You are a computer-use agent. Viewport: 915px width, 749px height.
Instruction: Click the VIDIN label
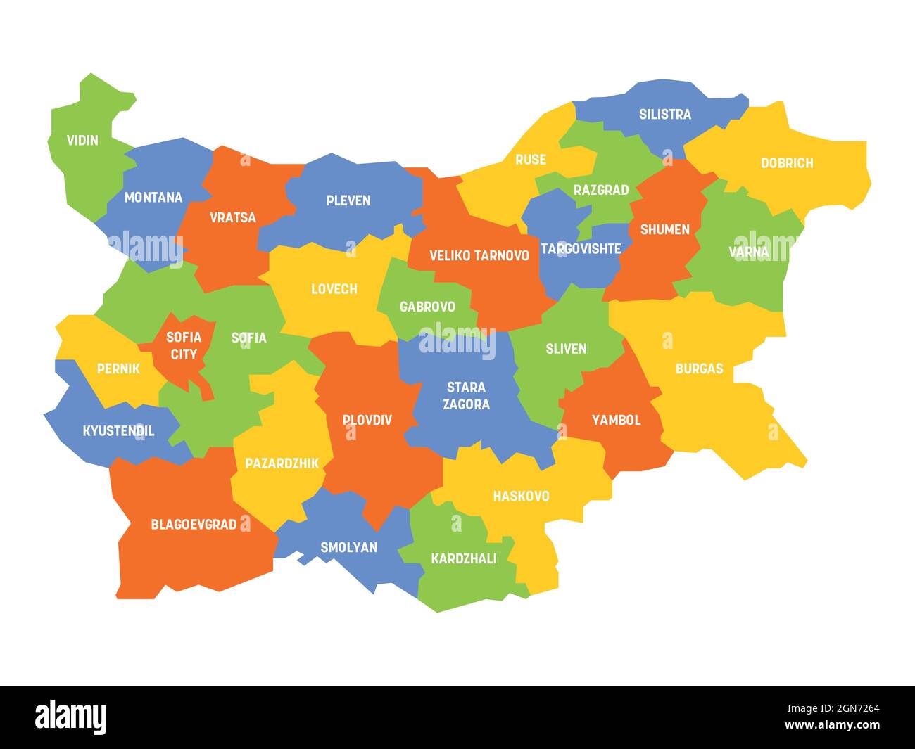(x=82, y=140)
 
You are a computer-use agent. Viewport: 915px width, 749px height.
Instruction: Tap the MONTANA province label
(x=153, y=198)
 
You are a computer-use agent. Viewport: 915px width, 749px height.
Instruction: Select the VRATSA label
(x=232, y=217)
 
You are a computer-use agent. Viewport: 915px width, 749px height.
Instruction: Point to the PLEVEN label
(x=348, y=200)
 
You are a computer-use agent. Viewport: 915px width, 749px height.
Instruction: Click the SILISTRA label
(x=664, y=114)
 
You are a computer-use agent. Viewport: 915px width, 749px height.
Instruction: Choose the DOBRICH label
(x=786, y=163)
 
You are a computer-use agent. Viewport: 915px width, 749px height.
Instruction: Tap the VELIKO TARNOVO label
(x=479, y=255)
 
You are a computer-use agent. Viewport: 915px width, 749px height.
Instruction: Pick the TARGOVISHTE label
(x=581, y=249)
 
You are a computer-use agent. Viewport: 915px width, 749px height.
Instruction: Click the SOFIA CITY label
(x=183, y=345)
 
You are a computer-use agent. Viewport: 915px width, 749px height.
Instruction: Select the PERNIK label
(x=118, y=369)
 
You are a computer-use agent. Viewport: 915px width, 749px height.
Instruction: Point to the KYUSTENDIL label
(x=118, y=431)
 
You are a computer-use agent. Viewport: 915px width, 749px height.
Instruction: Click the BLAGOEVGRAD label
(x=194, y=525)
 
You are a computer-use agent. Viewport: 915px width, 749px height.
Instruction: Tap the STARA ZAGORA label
(x=466, y=396)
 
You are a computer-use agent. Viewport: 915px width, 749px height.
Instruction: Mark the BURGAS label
(x=698, y=369)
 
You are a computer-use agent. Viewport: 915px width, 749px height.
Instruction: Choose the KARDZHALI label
(x=463, y=558)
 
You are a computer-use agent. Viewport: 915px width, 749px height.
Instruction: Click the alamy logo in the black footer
(x=71, y=717)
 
